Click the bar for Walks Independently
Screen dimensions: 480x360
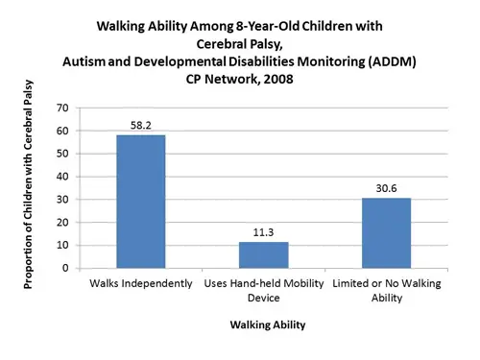[141, 202]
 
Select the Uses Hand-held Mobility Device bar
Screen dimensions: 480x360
[264, 255]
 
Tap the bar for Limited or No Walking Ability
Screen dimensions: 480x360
[386, 233]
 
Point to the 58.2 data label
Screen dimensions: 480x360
[141, 126]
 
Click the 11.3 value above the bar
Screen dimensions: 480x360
[263, 232]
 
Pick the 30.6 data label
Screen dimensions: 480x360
[386, 188]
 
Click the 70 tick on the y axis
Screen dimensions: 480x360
[62, 108]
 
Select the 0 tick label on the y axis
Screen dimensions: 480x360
[65, 268]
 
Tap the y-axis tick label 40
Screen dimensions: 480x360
[62, 177]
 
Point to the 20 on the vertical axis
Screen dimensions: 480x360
[62, 222]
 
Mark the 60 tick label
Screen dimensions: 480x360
[62, 131]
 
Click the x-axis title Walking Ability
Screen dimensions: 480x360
[268, 324]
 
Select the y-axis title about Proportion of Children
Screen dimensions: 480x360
[28, 184]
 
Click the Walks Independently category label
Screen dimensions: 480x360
[141, 283]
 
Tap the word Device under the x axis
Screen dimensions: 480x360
[264, 298]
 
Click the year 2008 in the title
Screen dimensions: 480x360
[278, 79]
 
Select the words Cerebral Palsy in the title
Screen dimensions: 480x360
[240, 44]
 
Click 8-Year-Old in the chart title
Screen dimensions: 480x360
[267, 26]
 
